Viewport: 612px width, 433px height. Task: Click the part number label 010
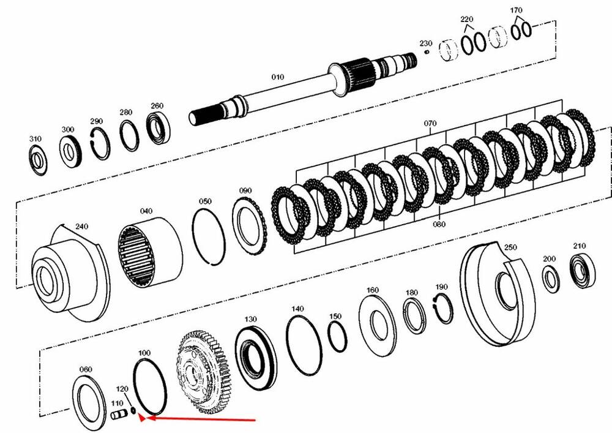[x=277, y=77]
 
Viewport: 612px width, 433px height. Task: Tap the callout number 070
[x=430, y=123]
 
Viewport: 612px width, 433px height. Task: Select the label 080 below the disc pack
[x=439, y=224]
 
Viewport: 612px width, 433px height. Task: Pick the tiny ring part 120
[x=133, y=411]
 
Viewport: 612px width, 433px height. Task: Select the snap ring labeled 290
[x=101, y=143]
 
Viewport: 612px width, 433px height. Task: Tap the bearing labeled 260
[x=159, y=127]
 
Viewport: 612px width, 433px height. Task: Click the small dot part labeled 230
[x=427, y=51]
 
